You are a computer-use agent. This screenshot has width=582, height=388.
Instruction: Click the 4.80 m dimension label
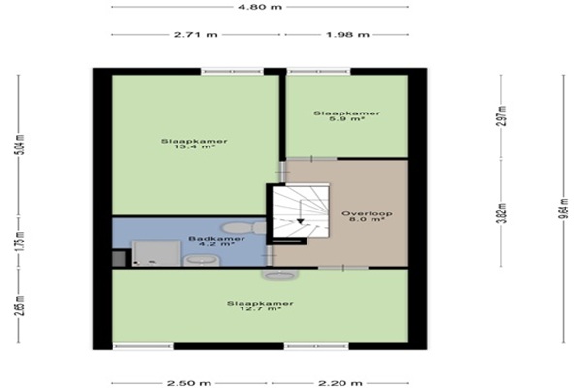coord(260,7)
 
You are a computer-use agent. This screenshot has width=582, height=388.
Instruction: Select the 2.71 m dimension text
coord(196,35)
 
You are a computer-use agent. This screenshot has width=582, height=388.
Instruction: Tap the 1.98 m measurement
coord(347,35)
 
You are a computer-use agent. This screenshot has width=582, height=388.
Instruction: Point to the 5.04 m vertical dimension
coord(20,145)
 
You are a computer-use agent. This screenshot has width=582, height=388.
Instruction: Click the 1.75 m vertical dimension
coord(20,242)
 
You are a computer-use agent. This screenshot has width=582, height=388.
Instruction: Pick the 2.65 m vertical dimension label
coord(20,306)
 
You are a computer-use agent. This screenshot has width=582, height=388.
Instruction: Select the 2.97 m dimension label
coord(501,115)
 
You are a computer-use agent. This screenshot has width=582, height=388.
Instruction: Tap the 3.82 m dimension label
coord(501,213)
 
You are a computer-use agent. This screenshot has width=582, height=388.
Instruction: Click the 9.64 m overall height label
coord(564,209)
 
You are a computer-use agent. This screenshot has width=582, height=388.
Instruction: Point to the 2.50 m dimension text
coord(189,383)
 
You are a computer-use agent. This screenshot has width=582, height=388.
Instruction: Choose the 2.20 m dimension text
coord(340,383)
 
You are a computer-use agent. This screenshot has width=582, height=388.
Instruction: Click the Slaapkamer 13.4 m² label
coord(194,144)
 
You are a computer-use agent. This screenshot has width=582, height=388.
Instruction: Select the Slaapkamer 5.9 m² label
coord(346,115)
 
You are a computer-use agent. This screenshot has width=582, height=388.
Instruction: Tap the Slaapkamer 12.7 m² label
coord(260,306)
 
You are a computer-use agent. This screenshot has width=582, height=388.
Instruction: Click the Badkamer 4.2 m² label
coord(216,242)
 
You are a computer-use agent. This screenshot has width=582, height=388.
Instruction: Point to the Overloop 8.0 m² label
coord(367,216)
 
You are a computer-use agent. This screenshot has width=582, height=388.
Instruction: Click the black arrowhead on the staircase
coord(301,221)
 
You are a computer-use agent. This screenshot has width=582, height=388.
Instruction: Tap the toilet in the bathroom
coord(244,227)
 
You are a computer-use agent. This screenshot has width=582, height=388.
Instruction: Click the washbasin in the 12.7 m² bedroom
coord(279,275)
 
